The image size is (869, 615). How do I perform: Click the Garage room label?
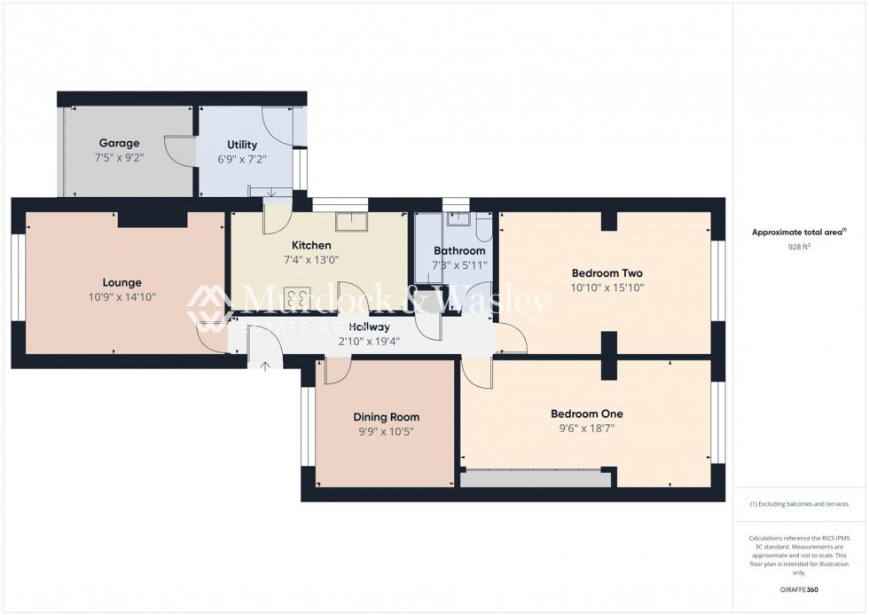pyautogui.click(x=119, y=143)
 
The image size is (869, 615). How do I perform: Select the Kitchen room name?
pyautogui.click(x=311, y=245)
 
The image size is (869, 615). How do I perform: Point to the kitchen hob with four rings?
pyautogui.click(x=296, y=298)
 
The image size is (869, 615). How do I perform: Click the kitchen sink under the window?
pyautogui.click(x=358, y=220)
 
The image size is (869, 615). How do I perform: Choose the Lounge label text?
pyautogui.click(x=121, y=283)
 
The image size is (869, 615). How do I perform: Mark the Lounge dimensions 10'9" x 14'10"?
pyautogui.click(x=121, y=297)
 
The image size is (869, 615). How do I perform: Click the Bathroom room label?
pyautogui.click(x=458, y=251)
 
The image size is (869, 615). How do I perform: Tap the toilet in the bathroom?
pyautogui.click(x=482, y=229)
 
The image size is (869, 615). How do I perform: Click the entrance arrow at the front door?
pyautogui.click(x=264, y=366)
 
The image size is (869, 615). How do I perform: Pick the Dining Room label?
pyautogui.click(x=386, y=417)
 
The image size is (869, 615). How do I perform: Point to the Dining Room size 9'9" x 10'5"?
pyautogui.click(x=386, y=431)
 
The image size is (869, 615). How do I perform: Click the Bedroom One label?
pyautogui.click(x=586, y=414)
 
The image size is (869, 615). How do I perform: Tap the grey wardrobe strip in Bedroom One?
pyautogui.click(x=536, y=479)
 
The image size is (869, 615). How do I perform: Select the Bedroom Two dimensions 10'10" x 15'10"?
pyautogui.click(x=607, y=288)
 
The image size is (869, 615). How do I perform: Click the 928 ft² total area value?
pyautogui.click(x=799, y=248)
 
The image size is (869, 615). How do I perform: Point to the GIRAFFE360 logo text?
pyautogui.click(x=799, y=589)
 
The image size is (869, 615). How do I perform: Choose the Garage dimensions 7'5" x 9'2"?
pyautogui.click(x=119, y=157)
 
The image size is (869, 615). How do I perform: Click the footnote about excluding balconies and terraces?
pyautogui.click(x=799, y=504)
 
